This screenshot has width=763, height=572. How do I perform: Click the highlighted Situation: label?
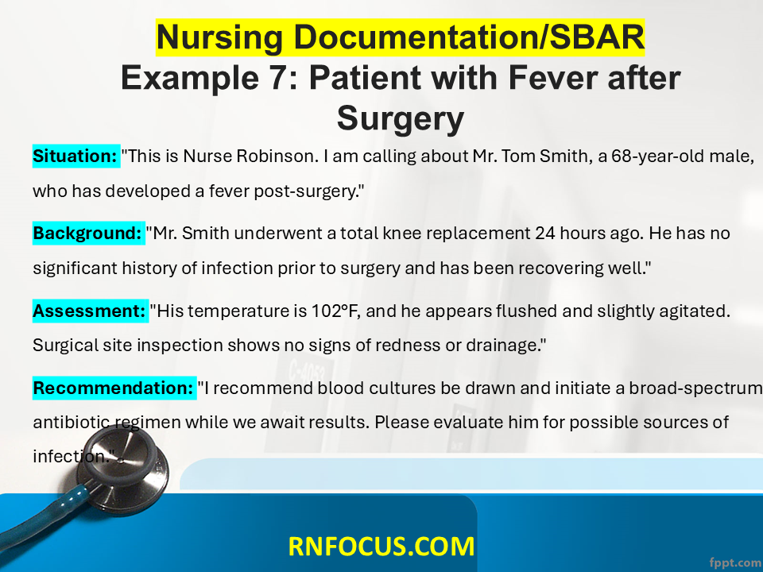(x=76, y=157)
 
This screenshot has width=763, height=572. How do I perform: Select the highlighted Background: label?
(x=88, y=233)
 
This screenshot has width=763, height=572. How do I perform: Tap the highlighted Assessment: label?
(x=91, y=311)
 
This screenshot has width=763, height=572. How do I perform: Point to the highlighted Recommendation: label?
(x=114, y=388)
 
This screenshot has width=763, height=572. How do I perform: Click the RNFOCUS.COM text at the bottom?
(x=381, y=547)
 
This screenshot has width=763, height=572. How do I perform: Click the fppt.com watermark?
(x=736, y=562)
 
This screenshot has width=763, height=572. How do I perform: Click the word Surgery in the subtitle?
(x=401, y=118)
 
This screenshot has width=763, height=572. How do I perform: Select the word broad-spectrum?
(x=696, y=388)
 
